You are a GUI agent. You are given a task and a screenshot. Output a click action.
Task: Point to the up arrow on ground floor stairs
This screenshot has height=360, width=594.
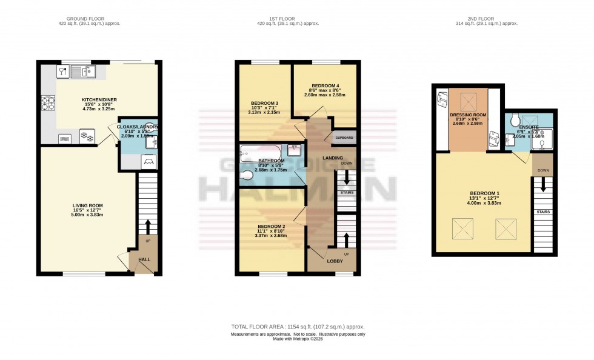click(147, 226)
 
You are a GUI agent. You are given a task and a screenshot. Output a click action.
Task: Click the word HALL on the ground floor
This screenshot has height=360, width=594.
click(144, 259)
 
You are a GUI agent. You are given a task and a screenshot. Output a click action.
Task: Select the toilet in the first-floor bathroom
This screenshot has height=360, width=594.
click(247, 176)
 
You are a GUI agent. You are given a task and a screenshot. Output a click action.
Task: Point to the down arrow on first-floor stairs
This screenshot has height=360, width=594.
click(346, 177)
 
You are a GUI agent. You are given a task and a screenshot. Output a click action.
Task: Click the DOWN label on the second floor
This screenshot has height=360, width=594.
click(543, 170)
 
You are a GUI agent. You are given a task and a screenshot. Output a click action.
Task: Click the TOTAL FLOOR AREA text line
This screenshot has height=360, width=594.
click(298, 327)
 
